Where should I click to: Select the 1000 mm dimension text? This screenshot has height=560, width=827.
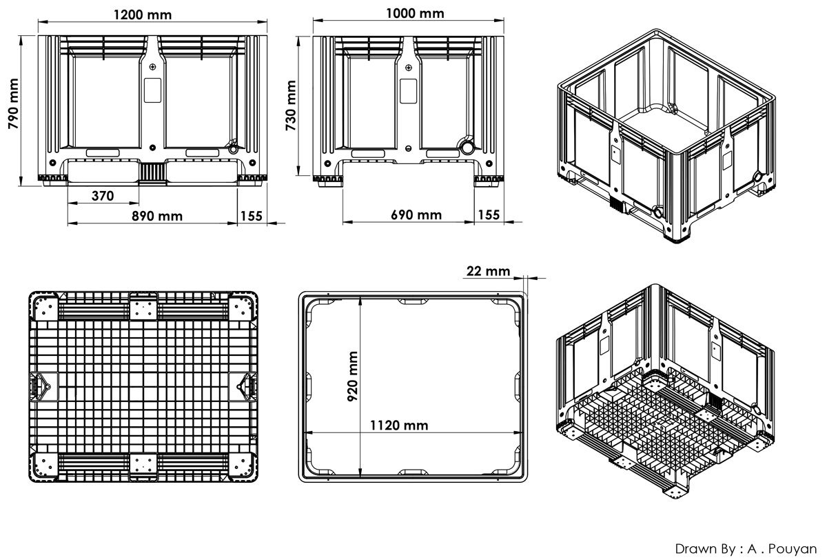click(416, 13)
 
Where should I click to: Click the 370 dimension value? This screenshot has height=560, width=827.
click(102, 196)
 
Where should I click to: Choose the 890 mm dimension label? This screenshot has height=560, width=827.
click(157, 216)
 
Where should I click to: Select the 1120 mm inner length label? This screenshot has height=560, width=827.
click(398, 426)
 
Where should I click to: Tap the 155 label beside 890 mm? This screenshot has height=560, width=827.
click(252, 216)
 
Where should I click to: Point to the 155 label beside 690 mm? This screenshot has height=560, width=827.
click(489, 215)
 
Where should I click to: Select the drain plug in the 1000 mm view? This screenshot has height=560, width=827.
click(468, 148)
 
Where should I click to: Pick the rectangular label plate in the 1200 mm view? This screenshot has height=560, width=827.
click(152, 90)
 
